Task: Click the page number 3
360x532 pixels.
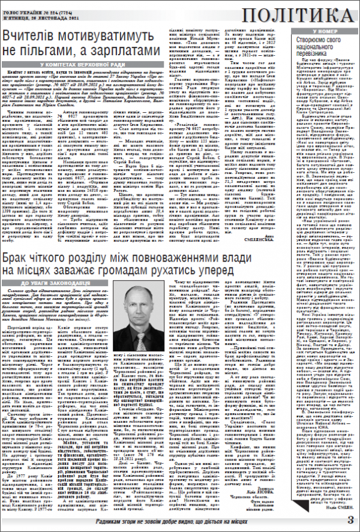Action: (350, 519)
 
